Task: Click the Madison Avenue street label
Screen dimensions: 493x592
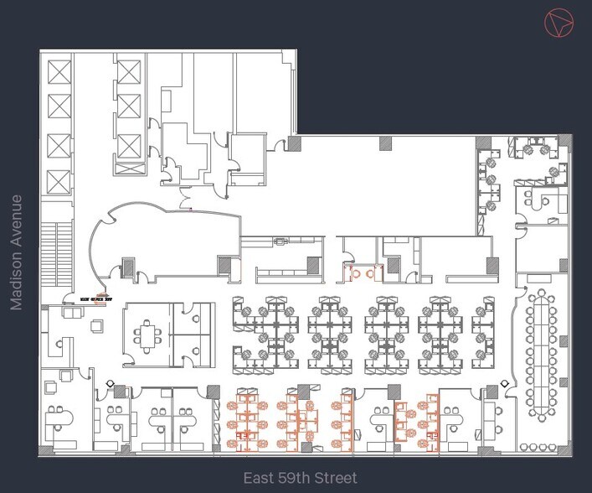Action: [16, 252]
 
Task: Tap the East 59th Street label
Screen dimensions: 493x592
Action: [300, 478]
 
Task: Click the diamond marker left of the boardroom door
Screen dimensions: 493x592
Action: [505, 384]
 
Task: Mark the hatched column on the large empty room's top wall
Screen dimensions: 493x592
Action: [386, 143]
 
